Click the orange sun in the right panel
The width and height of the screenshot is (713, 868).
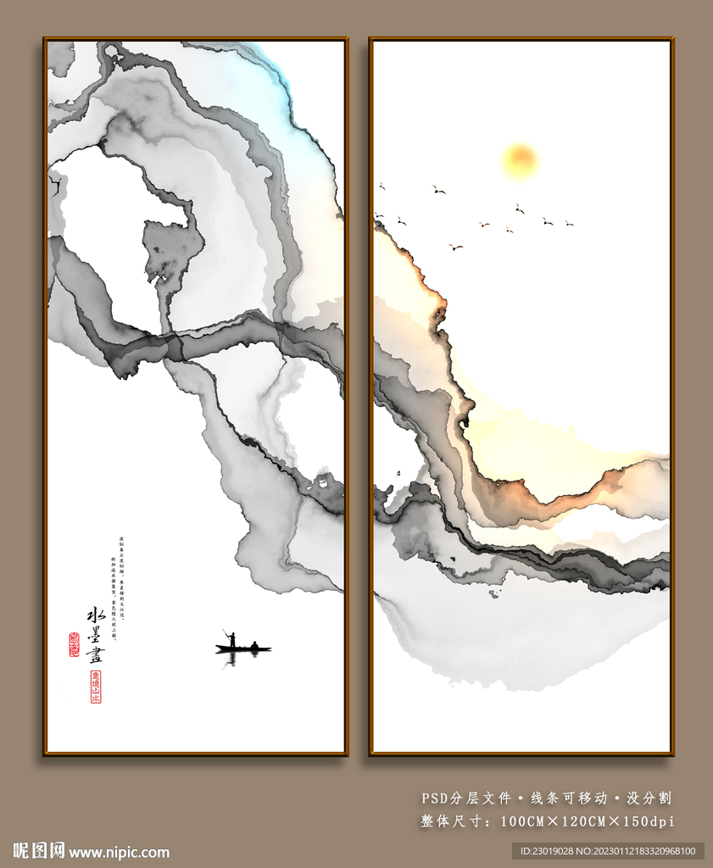pyautogui.click(x=520, y=159)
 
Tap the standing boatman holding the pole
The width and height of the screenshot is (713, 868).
pyautogui.click(x=231, y=639)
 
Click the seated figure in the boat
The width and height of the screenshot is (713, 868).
pyautogui.click(x=253, y=646)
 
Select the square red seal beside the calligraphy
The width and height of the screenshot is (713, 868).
pyautogui.click(x=74, y=644)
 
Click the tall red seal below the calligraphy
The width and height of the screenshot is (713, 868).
pyautogui.click(x=96, y=687)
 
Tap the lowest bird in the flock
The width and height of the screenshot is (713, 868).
pyautogui.click(x=455, y=247)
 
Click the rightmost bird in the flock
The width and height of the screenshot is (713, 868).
pyautogui.click(x=569, y=224)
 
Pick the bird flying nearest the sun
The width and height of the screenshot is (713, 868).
pyautogui.click(x=519, y=208)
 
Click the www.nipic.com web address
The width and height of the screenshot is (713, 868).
pyautogui.click(x=119, y=852)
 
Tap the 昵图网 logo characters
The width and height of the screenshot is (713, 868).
pyautogui.click(x=38, y=850)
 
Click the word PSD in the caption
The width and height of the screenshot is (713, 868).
pyautogui.click(x=437, y=798)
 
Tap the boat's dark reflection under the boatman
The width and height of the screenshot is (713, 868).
pyautogui.click(x=231, y=658)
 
